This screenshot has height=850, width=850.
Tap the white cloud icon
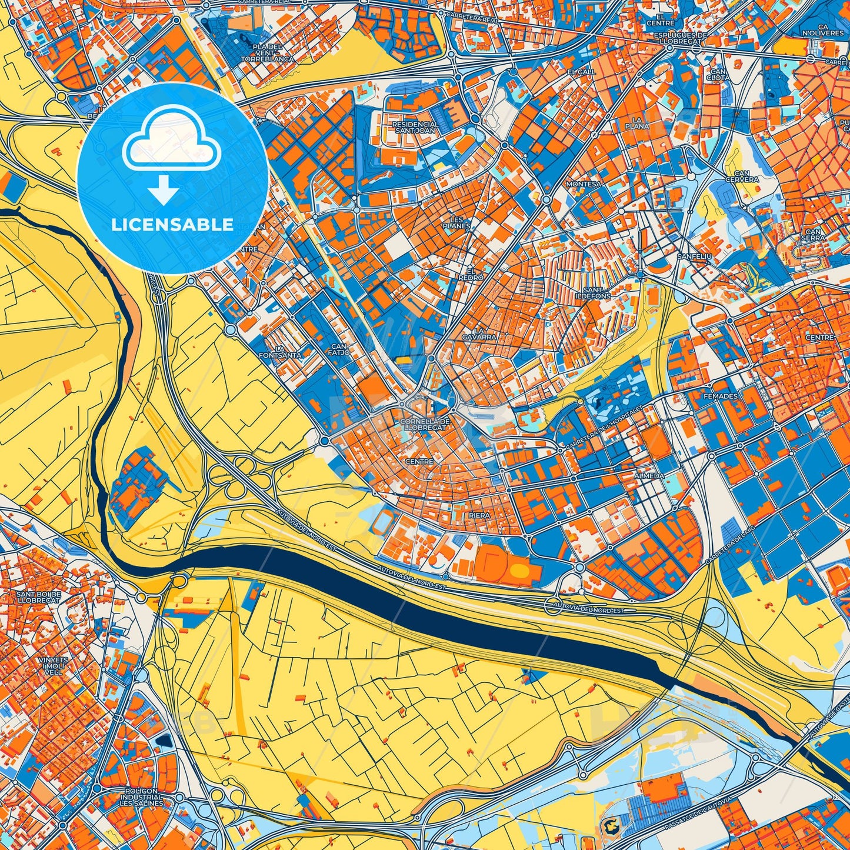(x=171, y=139)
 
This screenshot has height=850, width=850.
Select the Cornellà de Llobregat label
(x=425, y=425)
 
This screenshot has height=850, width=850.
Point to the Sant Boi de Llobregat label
(x=38, y=598)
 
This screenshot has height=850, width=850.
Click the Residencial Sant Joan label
(x=415, y=128)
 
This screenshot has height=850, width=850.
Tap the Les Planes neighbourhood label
(x=456, y=222)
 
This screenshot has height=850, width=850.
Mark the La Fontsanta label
(x=281, y=352)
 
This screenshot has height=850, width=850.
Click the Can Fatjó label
(x=340, y=349)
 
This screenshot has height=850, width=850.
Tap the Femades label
(x=720, y=396)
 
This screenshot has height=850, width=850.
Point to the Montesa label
(x=584, y=184)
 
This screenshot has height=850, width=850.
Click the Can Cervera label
(x=742, y=176)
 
